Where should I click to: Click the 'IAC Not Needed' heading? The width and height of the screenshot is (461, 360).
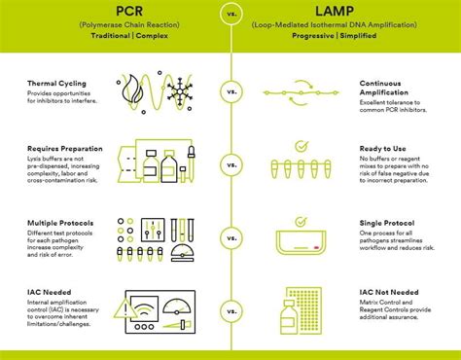(x=387, y=290)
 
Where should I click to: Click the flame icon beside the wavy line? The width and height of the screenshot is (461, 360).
(x=133, y=85)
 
